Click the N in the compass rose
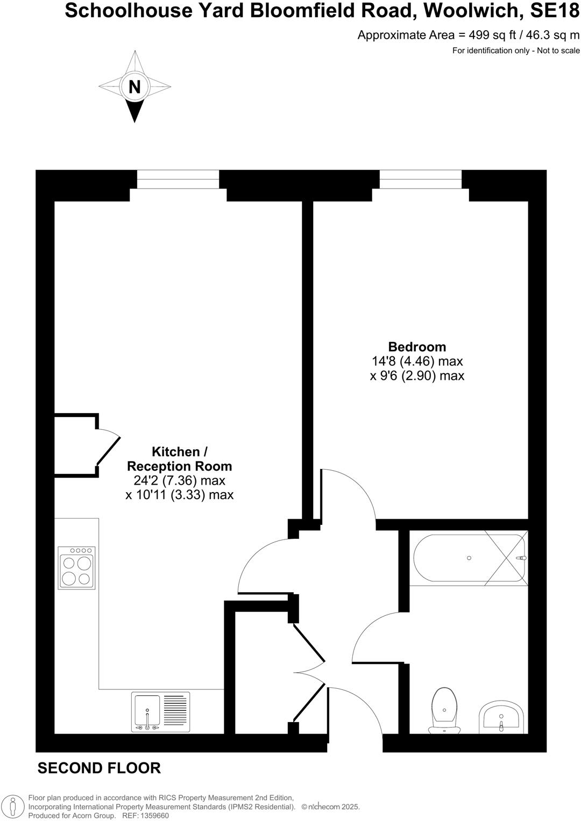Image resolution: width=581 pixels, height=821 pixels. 134,87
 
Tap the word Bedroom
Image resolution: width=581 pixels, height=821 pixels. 417,347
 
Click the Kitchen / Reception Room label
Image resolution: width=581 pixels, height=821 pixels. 179,459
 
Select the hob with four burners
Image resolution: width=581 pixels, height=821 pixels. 77,567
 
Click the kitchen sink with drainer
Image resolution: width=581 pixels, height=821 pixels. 160,712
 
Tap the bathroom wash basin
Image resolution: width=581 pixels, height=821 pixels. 501,717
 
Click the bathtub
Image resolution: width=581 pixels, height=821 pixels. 468,558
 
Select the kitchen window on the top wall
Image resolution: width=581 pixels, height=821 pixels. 178,179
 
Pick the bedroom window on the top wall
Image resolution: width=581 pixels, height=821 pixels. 421,179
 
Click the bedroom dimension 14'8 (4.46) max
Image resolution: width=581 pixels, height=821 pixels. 417,362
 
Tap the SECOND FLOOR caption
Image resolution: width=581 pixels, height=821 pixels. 99,768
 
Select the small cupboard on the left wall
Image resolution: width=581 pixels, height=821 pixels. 75,445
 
